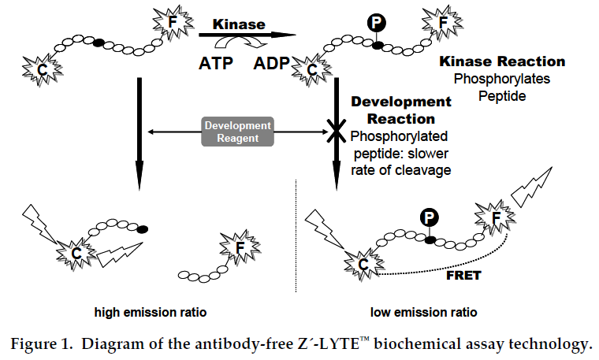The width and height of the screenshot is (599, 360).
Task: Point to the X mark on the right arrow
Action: pyautogui.click(x=337, y=132)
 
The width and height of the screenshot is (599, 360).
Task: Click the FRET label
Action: pyautogui.click(x=462, y=277)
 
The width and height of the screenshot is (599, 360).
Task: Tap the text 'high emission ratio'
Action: pyautogui.click(x=150, y=313)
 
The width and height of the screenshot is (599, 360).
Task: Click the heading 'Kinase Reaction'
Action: pyautogui.click(x=501, y=62)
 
